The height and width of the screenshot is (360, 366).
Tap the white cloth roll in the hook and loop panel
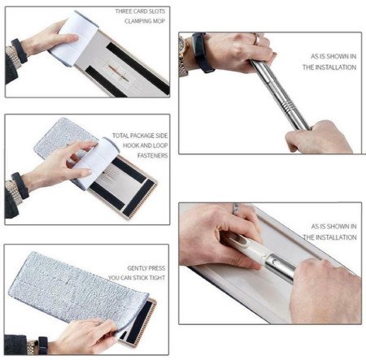tap(98, 158)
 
